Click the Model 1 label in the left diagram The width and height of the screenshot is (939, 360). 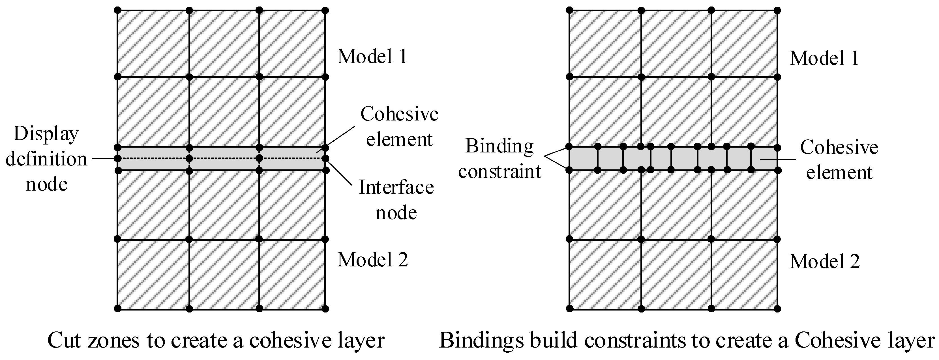(372, 57)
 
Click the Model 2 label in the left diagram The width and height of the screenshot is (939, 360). (372, 260)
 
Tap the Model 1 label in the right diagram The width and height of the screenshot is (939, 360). (824, 58)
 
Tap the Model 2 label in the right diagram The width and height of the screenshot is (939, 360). (825, 262)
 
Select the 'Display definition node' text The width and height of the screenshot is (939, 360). (46, 159)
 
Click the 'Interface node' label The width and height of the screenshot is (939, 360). (396, 200)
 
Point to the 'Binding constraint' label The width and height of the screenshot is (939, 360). (499, 158)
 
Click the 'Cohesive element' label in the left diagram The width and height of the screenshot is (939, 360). (399, 126)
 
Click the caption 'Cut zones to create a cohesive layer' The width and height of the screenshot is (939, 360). (216, 340)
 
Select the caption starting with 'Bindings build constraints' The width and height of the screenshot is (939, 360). (687, 340)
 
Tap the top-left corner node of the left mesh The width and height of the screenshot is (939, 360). (117, 10)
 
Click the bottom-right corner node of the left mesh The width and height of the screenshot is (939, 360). (325, 309)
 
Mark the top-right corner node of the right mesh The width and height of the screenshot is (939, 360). (777, 10)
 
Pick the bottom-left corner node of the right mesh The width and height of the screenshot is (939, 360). (570, 309)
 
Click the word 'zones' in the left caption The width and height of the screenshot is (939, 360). (119, 340)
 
